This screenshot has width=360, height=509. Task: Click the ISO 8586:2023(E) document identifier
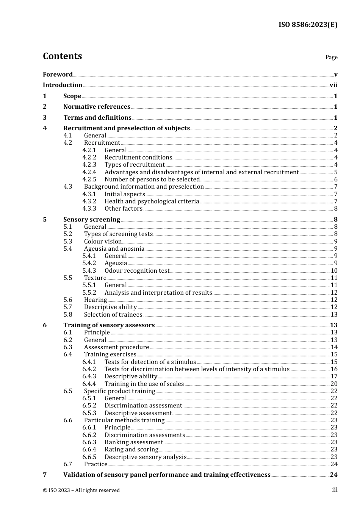tap(308, 25)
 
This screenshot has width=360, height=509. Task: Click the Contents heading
tap(62, 56)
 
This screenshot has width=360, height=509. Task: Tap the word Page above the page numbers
tap(331, 57)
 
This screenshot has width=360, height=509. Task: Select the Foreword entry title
tap(58, 75)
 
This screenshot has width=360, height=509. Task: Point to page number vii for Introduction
tap(333, 85)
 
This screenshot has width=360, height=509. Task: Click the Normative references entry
tap(97, 107)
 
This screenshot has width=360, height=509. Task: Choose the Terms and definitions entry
tap(97, 118)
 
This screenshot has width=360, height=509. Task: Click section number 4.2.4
tap(89, 172)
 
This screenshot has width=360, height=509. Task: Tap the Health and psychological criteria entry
tap(152, 201)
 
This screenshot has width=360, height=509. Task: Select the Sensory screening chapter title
tap(92, 220)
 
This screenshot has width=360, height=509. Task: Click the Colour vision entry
tap(103, 242)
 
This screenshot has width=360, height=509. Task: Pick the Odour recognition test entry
tap(137, 271)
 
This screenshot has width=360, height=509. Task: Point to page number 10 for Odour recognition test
tap(334, 271)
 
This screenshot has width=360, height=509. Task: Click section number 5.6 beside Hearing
tap(68, 300)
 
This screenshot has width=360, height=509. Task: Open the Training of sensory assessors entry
tap(109, 325)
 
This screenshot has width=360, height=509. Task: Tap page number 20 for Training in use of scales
tap(334, 384)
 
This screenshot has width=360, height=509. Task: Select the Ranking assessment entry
tap(133, 442)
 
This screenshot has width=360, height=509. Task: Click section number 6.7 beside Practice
tap(68, 464)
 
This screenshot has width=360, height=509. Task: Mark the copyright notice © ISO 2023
tap(81, 490)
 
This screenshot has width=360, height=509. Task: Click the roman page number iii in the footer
tap(335, 490)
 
